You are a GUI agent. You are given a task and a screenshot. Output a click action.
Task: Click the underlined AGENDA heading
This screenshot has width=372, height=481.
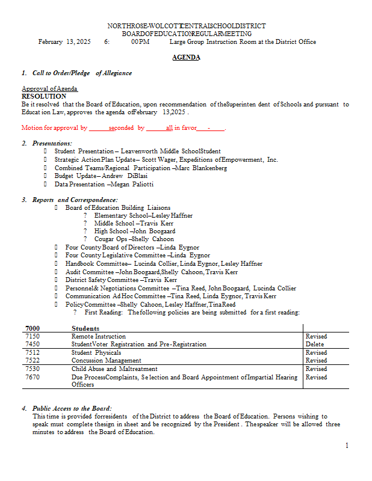pyautogui.click(x=186, y=57)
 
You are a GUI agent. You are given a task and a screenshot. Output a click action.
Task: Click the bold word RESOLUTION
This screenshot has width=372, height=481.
pyautogui.click(x=44, y=96)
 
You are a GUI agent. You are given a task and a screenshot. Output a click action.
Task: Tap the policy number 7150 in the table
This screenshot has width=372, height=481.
pyautogui.click(x=33, y=336)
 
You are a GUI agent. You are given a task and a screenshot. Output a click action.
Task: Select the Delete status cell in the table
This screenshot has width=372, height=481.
pyautogui.click(x=315, y=345)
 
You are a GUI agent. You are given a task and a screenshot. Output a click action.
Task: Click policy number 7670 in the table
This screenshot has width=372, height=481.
pyautogui.click(x=33, y=377)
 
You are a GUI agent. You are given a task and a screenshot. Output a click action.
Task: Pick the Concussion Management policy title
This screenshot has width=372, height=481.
pyautogui.click(x=107, y=361)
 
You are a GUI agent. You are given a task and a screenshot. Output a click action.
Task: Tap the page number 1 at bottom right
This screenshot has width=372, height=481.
pyautogui.click(x=347, y=446)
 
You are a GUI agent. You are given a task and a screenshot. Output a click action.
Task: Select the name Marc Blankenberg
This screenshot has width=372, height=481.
pyautogui.click(x=201, y=168)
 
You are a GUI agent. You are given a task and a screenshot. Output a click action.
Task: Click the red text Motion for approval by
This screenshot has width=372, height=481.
pyautogui.click(x=54, y=128)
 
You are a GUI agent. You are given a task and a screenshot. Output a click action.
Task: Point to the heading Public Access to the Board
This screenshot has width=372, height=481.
pyautogui.click(x=72, y=408)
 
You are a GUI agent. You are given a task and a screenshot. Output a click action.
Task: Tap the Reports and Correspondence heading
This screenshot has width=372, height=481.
pyautogui.click(x=75, y=200)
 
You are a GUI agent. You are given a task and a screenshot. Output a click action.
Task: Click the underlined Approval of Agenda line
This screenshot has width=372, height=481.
pyautogui.click(x=49, y=88)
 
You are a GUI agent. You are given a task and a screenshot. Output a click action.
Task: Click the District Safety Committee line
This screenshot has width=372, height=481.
pyautogui.click(x=121, y=280)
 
